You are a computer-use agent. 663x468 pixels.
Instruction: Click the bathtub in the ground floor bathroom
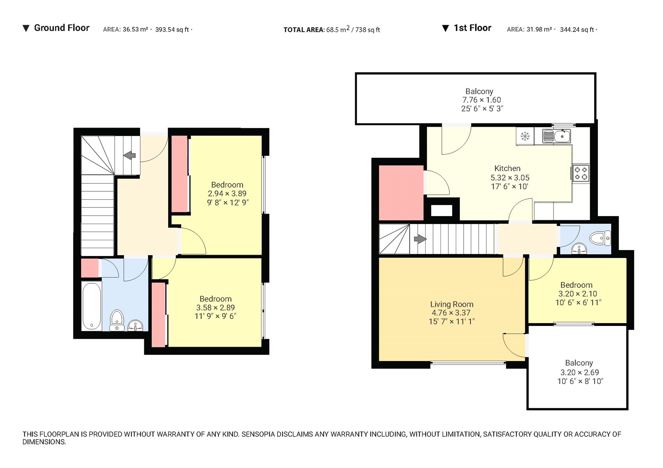tap(92, 306)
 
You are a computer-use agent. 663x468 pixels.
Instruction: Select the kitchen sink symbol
tap(557, 136)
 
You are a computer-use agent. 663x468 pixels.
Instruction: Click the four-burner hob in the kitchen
tap(581, 173)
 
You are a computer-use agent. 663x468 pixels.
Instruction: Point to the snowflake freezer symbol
tap(525, 136)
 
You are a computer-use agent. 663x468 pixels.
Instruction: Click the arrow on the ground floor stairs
tap(130, 155)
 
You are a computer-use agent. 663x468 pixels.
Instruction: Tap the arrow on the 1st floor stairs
tap(420, 239)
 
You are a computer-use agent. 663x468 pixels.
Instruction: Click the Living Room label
tap(452, 304)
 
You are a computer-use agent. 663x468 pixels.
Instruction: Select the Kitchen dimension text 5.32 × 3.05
tap(510, 178)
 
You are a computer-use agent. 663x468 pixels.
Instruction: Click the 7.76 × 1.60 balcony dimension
tap(482, 100)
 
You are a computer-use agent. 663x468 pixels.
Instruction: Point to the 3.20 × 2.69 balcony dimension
tap(579, 372)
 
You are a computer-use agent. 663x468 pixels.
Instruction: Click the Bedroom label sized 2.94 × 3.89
tap(227, 185)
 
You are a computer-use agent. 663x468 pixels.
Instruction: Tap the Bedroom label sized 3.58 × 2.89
tap(215, 299)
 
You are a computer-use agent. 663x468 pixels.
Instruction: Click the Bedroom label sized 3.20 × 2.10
tap(576, 285)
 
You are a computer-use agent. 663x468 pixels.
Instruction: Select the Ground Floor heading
tap(61, 28)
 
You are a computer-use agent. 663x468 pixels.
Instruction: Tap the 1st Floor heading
tap(472, 28)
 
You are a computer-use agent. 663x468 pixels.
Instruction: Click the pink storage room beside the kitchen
tap(401, 193)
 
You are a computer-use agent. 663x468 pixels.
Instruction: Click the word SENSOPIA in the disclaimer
tap(258, 434)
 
